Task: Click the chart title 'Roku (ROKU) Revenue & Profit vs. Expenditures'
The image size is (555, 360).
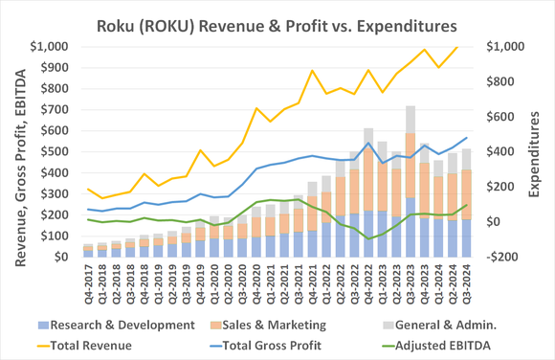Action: [x=277, y=21]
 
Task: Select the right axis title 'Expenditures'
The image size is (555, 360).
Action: [x=540, y=151]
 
